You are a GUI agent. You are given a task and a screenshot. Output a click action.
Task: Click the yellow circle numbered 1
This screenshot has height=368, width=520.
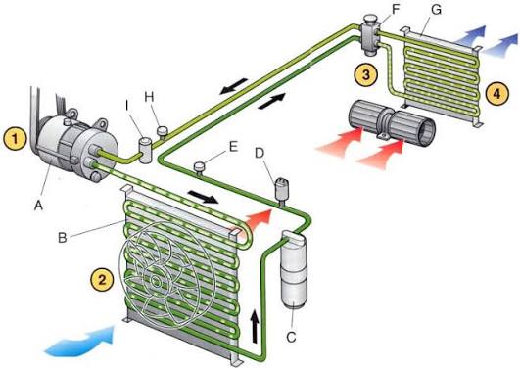click(15, 138)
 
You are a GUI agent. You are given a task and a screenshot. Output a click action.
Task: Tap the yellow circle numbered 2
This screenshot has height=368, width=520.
click(102, 279)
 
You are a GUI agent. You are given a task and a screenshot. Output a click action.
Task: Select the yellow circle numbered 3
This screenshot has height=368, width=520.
click(366, 74)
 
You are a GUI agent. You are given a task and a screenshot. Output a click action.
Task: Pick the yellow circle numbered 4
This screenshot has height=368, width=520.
click(496, 94)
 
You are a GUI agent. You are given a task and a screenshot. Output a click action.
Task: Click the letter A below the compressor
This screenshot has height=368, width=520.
click(38, 206)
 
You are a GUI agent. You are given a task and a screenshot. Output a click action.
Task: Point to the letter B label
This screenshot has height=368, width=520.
click(63, 238)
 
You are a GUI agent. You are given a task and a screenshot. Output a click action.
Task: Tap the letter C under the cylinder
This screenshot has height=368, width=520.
click(291, 337)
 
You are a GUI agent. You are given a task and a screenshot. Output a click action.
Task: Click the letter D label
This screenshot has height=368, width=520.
click(260, 153)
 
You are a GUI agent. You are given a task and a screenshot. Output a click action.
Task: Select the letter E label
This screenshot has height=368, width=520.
click(233, 146)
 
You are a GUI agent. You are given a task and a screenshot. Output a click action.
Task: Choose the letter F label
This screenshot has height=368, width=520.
click(396, 9)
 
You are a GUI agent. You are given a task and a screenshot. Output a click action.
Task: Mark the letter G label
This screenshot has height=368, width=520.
click(437, 9)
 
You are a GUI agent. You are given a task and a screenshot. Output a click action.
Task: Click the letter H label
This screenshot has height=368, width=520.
click(150, 97)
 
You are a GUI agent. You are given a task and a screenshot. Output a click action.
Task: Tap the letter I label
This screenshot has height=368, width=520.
click(127, 105)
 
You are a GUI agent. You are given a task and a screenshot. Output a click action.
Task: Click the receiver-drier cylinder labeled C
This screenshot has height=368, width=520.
click(294, 270)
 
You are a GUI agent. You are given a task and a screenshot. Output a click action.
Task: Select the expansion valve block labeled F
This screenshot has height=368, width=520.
click(369, 35)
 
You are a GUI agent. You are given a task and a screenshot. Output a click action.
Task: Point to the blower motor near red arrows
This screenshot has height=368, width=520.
click(392, 123)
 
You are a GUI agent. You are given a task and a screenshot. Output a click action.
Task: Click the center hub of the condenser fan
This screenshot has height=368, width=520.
click(155, 281)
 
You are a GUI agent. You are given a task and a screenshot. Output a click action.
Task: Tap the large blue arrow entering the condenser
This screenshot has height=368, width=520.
click(79, 341)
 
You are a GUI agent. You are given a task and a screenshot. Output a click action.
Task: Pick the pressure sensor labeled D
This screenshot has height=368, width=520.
click(282, 191)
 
